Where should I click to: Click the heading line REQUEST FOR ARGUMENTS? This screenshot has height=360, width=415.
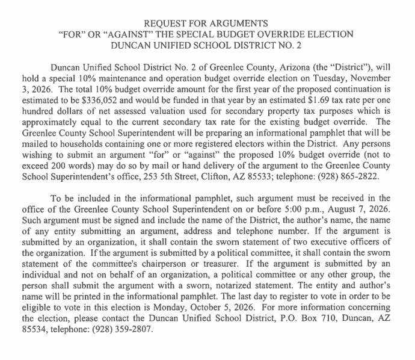pyautogui.click(x=207, y=23)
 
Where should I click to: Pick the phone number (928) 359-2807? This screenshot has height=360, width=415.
pyautogui.click(x=121, y=330)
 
